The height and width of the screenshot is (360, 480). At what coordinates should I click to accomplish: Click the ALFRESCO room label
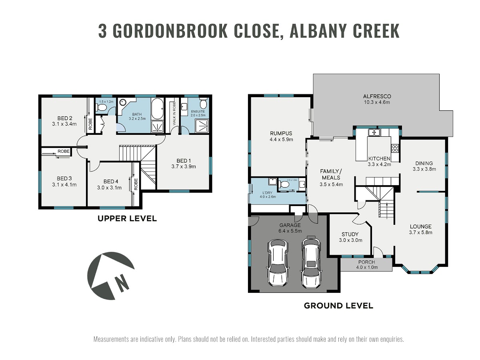click(377, 96)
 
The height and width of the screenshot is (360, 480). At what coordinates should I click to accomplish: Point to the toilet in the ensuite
click(204, 103)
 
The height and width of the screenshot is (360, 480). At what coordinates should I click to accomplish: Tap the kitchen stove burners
click(395, 148)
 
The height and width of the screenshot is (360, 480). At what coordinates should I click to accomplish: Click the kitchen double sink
click(374, 132)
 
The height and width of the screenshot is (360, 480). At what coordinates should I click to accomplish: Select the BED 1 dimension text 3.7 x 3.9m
click(184, 166)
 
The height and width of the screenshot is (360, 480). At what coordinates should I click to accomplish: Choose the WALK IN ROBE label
click(174, 114)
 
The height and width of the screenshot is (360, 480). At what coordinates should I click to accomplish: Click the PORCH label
click(366, 262)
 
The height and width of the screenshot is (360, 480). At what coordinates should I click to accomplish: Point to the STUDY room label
click(350, 234)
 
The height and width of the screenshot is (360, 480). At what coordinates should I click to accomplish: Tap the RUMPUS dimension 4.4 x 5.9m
click(281, 139)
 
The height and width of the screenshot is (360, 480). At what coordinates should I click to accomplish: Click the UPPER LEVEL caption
click(127, 218)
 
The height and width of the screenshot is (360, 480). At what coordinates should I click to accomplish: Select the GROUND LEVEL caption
click(338, 306)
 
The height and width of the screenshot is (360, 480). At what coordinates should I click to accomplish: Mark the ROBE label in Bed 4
click(136, 184)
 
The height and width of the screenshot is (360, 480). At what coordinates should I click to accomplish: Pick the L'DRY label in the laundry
click(267, 193)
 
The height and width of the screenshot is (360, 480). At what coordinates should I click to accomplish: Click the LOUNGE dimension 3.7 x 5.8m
click(420, 232)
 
